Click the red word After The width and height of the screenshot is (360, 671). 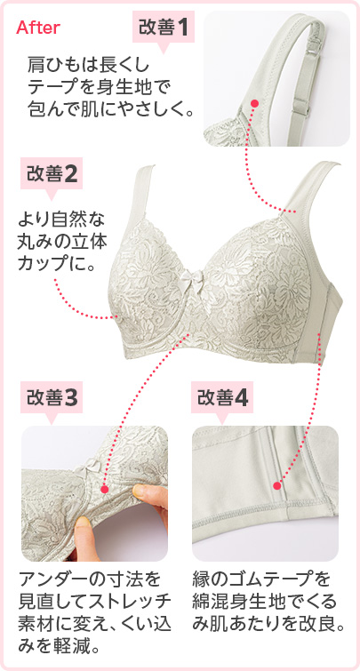(38, 28)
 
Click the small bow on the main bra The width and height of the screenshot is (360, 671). (190, 281)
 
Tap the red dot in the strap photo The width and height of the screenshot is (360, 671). (255, 104)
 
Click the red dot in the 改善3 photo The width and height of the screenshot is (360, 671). (105, 489)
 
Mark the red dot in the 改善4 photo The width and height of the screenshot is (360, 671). (277, 486)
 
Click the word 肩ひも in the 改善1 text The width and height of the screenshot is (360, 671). (48, 67)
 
